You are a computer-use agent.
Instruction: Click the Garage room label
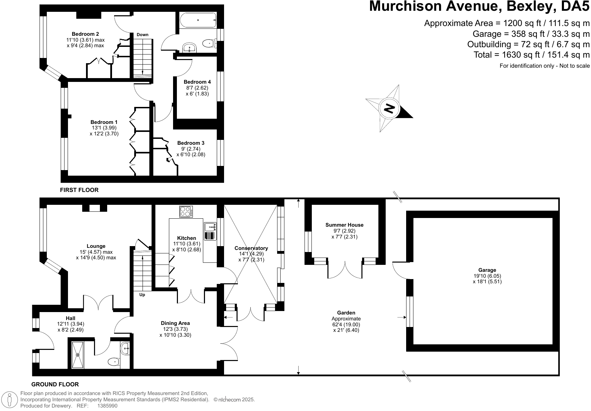[487, 270]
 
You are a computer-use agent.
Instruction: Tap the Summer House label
[344, 225]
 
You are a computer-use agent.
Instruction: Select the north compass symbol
[389, 108]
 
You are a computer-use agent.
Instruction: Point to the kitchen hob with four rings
[186, 212]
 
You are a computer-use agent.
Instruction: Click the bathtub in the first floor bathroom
[198, 20]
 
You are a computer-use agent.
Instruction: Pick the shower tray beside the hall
[78, 355]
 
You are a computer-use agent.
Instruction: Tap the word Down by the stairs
[143, 35]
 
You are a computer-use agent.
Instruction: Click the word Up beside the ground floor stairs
[142, 295]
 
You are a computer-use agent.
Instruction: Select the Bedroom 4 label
[197, 82]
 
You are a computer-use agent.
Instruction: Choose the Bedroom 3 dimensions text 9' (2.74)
[191, 149]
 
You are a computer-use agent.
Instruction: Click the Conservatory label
[251, 248]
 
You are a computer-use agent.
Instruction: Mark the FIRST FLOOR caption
[79, 190]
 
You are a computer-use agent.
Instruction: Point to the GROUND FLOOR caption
[55, 384]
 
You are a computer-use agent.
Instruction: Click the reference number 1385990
[108, 406]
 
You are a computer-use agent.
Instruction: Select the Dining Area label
[175, 323]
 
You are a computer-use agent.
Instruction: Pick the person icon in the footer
[9, 400]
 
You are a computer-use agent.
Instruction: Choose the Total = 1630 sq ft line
[531, 55]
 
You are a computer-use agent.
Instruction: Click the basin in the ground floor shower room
[125, 349]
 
